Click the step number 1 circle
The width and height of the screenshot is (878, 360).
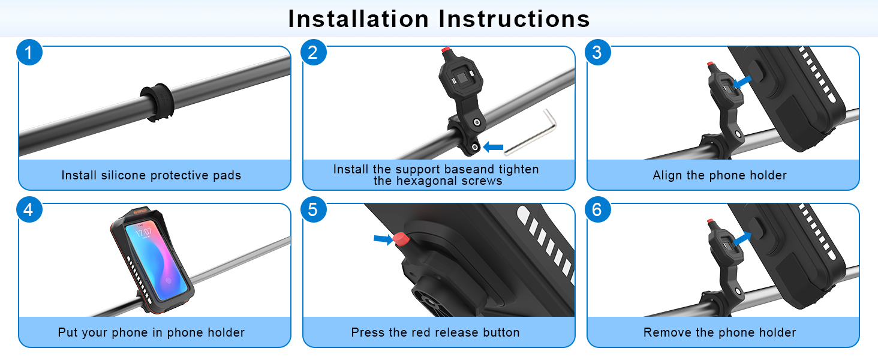[x=29, y=52]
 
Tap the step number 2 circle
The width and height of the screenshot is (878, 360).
[x=314, y=52]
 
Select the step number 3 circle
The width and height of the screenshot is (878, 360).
[x=598, y=52]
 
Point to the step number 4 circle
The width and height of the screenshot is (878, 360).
[x=29, y=209]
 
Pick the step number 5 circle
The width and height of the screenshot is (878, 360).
[x=314, y=209]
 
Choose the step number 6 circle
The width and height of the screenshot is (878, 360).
[x=598, y=209]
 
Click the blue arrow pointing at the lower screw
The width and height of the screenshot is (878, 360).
[x=493, y=147]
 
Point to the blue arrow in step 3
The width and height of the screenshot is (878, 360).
[x=742, y=82]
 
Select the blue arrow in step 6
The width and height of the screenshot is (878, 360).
[x=742, y=239]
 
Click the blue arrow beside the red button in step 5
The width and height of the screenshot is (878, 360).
[x=383, y=239]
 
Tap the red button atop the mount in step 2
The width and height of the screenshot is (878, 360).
[x=446, y=50]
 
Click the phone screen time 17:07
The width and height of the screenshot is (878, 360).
[x=143, y=232]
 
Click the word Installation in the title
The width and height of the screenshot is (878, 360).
[x=359, y=19]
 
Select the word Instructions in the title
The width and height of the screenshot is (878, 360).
[x=514, y=19]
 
